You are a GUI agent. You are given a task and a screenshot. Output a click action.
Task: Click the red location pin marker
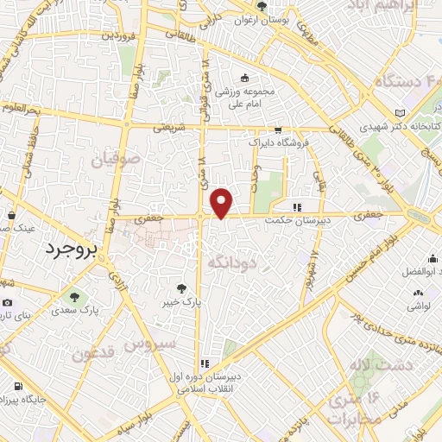[222, 203]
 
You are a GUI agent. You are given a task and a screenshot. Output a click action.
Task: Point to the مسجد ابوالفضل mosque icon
[431, 257]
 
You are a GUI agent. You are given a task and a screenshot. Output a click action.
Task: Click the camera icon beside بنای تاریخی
[8, 302]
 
